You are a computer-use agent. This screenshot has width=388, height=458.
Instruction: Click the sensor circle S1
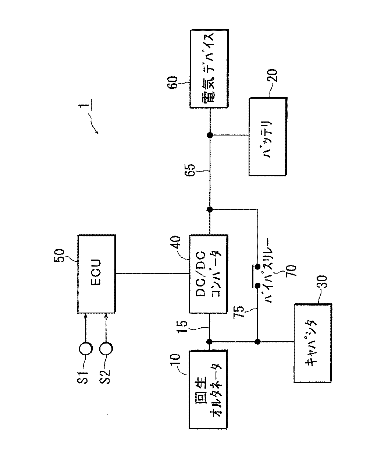[86, 349]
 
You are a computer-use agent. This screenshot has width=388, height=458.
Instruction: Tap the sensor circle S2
[106, 349]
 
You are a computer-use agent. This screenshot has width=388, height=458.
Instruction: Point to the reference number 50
[59, 256]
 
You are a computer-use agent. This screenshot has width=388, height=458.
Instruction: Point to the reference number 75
[239, 312]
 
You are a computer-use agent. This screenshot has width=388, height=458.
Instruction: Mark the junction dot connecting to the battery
[210, 135]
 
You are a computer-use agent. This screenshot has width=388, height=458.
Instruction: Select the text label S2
[105, 377]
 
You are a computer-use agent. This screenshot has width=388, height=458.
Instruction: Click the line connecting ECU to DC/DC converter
[153, 274]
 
